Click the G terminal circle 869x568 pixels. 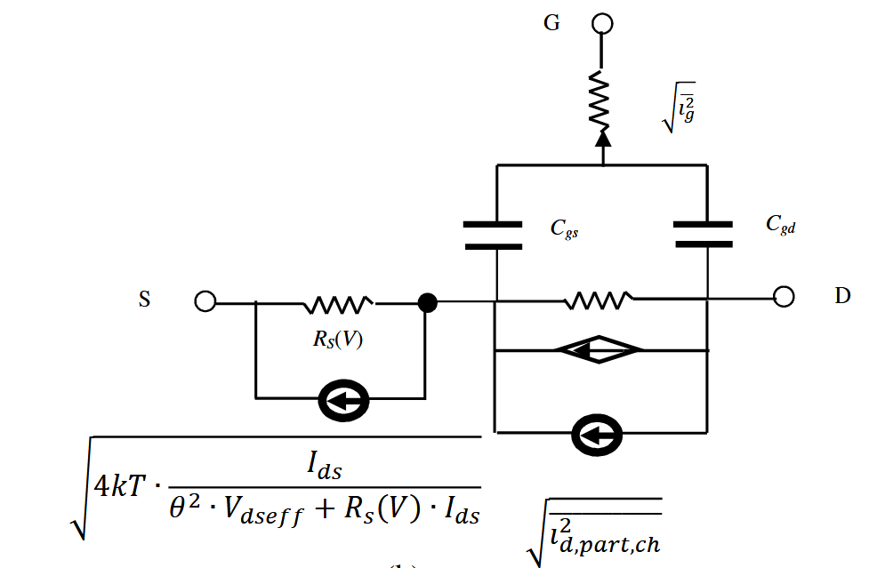coord(603,23)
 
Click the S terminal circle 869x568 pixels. coord(205,302)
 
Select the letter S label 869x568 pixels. coord(144,300)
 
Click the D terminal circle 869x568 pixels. coord(783,297)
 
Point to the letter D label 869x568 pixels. coord(841,296)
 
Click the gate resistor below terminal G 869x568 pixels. coord(603,98)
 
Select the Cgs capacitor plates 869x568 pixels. coord(494,234)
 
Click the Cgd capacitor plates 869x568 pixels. coord(704,234)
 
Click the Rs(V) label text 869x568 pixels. coord(337,339)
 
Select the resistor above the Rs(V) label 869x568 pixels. coord(337,305)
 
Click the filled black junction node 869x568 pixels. coord(427,303)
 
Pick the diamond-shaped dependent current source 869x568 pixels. coord(598,350)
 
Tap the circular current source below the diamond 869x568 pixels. coord(599,435)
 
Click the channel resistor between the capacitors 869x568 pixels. coord(599,300)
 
